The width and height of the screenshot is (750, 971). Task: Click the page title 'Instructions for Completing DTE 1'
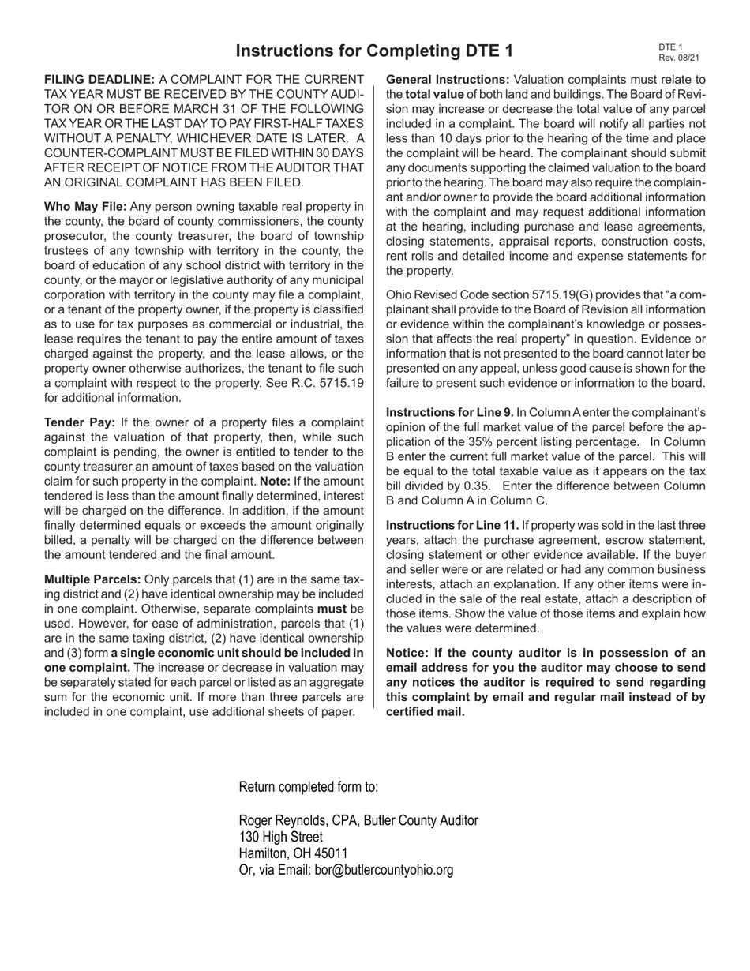[x=374, y=51]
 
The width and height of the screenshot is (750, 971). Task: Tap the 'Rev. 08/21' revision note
[x=678, y=58]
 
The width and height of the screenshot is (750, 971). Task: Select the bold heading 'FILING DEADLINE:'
[x=99, y=80]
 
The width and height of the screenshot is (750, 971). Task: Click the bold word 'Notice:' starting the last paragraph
[x=409, y=653]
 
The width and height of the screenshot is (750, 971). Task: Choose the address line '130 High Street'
[x=280, y=837]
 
